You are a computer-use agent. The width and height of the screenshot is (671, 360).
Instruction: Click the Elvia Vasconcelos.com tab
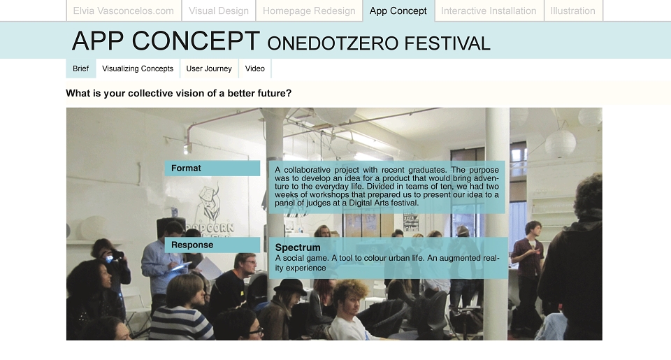pyautogui.click(x=124, y=10)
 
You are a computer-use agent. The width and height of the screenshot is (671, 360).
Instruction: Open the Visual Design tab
pyautogui.click(x=219, y=10)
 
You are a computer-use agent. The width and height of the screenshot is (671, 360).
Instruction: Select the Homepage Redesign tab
pyautogui.click(x=309, y=10)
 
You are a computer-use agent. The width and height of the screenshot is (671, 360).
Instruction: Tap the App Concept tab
pyautogui.click(x=398, y=10)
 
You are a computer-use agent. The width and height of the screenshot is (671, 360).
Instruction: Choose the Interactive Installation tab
pyautogui.click(x=489, y=10)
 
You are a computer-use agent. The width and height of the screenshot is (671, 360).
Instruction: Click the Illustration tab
pyautogui.click(x=573, y=10)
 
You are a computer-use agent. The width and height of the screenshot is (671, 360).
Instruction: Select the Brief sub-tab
pyautogui.click(x=81, y=69)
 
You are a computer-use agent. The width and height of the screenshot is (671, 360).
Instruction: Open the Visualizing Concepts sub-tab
pyautogui.click(x=138, y=69)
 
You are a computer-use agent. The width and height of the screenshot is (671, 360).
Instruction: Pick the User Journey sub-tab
pyautogui.click(x=209, y=69)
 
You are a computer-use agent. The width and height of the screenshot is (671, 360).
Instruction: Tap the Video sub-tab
pyautogui.click(x=255, y=69)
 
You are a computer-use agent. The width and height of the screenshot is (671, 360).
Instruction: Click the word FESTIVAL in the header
pyautogui.click(x=447, y=43)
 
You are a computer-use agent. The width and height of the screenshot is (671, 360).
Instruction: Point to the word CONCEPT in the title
pyautogui.click(x=196, y=41)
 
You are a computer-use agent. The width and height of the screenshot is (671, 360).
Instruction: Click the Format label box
pyautogui.click(x=212, y=168)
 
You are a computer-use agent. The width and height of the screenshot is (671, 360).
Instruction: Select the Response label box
pyautogui.click(x=212, y=245)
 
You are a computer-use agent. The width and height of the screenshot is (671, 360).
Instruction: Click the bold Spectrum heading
pyautogui.click(x=298, y=247)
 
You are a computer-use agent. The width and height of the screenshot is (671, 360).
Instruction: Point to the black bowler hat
pyautogui.click(x=290, y=287)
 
